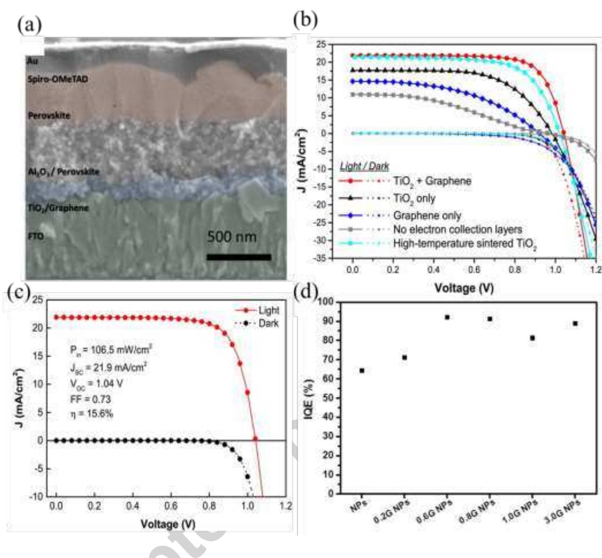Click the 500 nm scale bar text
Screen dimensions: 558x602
(232, 237)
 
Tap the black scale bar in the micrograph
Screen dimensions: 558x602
(239, 257)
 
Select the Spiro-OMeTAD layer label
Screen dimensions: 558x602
(58, 79)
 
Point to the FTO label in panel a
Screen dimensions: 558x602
(36, 236)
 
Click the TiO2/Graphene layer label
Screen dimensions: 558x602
(58, 208)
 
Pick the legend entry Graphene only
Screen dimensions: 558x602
(427, 216)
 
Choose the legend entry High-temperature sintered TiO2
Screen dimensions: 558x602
(465, 244)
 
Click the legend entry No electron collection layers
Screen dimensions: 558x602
(457, 230)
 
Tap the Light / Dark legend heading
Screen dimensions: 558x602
(364, 166)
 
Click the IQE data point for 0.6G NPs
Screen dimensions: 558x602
(447, 317)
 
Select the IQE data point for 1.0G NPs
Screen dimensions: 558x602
(532, 338)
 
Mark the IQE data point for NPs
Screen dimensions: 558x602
(362, 371)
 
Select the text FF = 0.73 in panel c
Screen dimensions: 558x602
(90, 399)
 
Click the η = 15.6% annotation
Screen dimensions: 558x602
(92, 414)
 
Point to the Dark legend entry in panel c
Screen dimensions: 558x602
(268, 324)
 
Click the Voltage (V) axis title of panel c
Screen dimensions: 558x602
(168, 524)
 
